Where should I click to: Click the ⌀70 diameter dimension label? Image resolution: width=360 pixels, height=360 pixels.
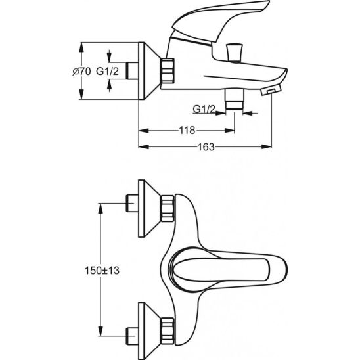tap(81, 72)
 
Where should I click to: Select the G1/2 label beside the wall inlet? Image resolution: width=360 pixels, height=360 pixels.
tap(107, 72)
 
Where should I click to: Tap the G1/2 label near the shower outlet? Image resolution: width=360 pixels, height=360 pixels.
tap(204, 109)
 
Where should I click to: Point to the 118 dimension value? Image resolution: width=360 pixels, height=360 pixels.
tap(187, 131)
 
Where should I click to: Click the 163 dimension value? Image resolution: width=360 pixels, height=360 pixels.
tap(206, 146)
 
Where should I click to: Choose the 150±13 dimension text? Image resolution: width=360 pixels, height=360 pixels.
tap(102, 271)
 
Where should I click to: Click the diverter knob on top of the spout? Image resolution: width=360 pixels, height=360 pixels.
tap(234, 53)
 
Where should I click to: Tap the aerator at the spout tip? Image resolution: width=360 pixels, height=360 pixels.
tap(271, 90)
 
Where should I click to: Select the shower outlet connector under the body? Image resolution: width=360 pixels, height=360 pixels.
tap(234, 100)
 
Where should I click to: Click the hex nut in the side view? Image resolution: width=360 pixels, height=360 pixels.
tap(168, 71)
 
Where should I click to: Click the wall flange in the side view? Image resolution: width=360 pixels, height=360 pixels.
tap(149, 71)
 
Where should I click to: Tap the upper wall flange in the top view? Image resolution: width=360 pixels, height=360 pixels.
tap(149, 208)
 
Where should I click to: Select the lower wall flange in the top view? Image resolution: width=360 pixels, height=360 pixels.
tap(149, 331)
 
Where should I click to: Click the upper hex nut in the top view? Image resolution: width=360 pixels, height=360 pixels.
tap(168, 208)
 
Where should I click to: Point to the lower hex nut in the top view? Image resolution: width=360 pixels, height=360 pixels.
tap(168, 331)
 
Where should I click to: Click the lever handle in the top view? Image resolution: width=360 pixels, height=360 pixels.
tap(227, 269)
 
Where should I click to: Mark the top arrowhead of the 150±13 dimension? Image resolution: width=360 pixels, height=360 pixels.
tap(101, 208)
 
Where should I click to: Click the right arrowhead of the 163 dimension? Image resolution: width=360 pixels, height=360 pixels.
tap(267, 146)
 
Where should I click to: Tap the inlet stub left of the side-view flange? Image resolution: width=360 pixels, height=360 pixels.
tap(132, 71)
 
